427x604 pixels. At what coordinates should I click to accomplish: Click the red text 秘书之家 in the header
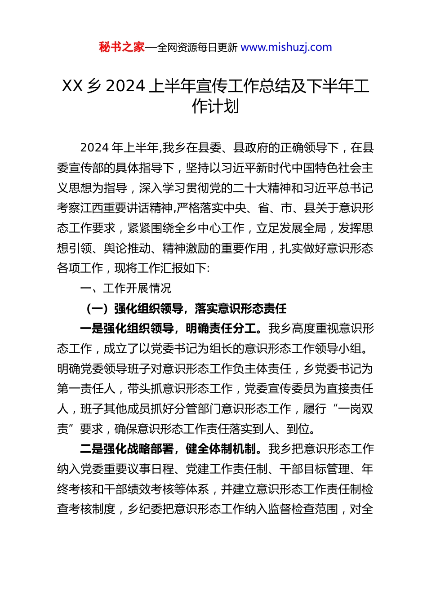121,47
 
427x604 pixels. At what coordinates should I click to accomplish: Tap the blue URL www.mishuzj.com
286,47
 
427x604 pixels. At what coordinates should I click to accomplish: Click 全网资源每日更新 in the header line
197,47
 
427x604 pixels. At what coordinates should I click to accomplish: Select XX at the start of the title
72,86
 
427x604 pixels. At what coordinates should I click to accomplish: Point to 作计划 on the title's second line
215,107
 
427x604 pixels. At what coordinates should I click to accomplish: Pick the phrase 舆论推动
127,249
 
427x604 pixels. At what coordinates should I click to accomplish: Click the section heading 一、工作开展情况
126,288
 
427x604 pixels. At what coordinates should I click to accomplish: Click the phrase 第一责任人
86,389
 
